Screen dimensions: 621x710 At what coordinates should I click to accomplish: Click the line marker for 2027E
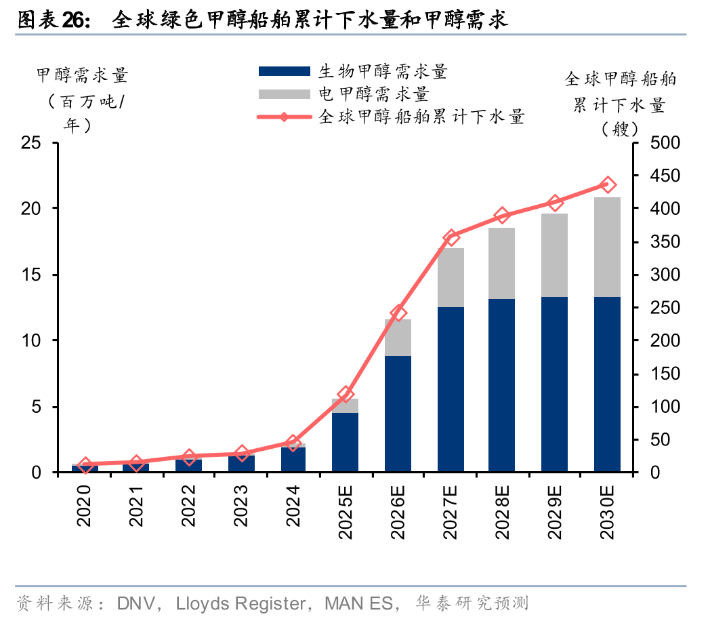tap(451, 237)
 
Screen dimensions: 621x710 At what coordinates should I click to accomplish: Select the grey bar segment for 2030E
tap(607, 247)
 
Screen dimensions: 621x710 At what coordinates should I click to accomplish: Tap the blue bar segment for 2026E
tap(398, 414)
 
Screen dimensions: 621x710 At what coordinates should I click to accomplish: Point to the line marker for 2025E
tap(346, 394)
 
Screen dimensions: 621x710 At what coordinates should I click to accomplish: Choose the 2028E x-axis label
tap(502, 512)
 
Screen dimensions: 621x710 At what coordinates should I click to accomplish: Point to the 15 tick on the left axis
tap(31, 275)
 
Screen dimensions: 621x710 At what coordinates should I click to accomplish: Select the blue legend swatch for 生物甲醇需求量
tap(284, 71)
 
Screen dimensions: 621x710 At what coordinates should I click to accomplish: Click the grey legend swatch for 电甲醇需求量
tap(284, 94)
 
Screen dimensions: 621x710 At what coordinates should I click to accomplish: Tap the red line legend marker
tap(284, 117)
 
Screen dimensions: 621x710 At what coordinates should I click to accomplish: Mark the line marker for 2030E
tap(607, 185)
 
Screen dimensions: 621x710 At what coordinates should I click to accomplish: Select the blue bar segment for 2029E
tap(554, 384)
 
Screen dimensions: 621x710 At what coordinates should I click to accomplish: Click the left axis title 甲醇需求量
tap(81, 75)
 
